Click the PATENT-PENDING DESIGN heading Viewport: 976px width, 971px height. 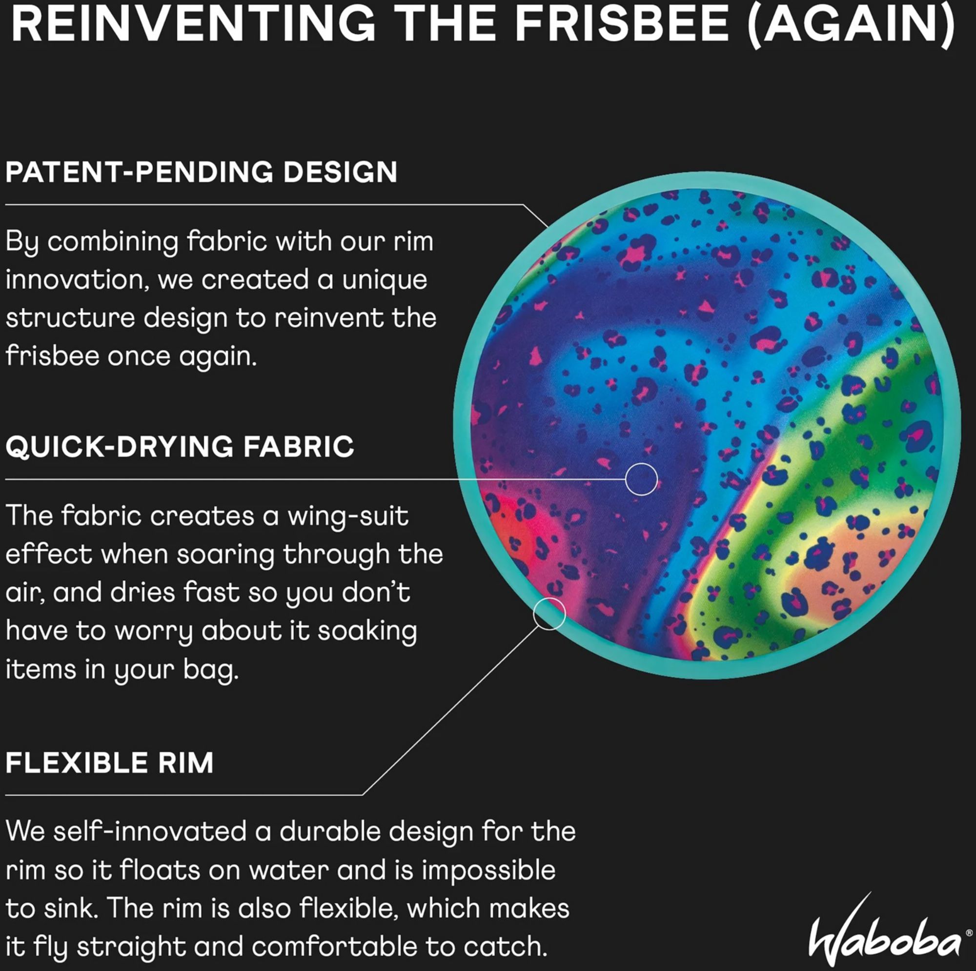pyautogui.click(x=201, y=172)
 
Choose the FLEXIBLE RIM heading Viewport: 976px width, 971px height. pyautogui.click(x=110, y=763)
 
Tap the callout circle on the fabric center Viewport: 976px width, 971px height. pyautogui.click(x=641, y=479)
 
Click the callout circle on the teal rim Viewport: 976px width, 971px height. pyautogui.click(x=549, y=614)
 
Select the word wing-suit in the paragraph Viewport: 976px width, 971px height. pyautogui.click(x=347, y=516)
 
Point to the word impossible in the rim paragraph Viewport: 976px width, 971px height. pyautogui.click(x=488, y=870)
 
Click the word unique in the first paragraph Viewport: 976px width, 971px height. pyautogui.click(x=385, y=280)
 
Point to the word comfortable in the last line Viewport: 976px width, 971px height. pyautogui.click(x=335, y=947)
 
